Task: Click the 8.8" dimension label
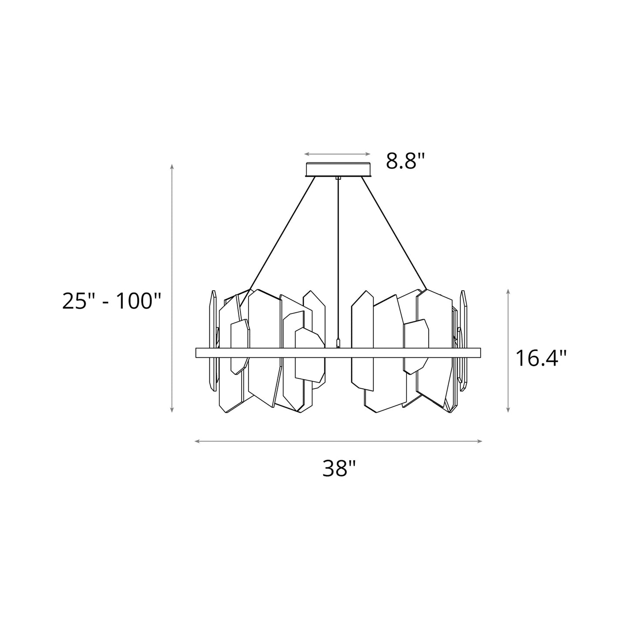(x=405, y=161)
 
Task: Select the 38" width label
(x=340, y=468)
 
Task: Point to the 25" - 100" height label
(x=112, y=301)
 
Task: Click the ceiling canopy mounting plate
(x=338, y=169)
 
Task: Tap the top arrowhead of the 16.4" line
(x=508, y=290)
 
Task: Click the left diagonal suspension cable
(x=279, y=235)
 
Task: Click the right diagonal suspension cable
(x=394, y=235)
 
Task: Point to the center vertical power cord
(x=338, y=261)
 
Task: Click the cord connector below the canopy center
(x=338, y=178)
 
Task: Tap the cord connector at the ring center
(x=338, y=344)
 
